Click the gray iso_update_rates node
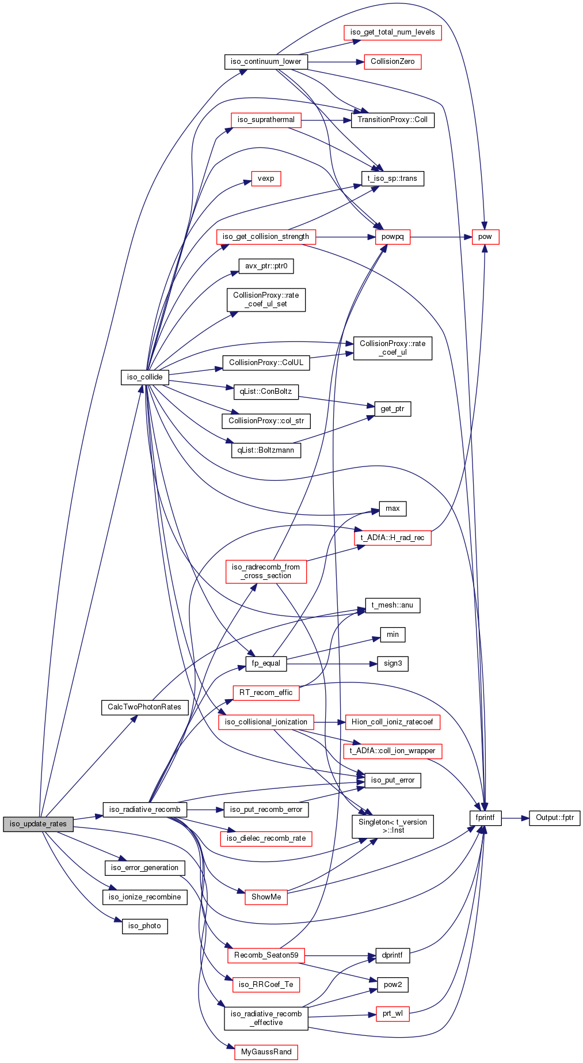coord(39,824)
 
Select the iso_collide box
coord(145,377)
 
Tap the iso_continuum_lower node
coord(266,62)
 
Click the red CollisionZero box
coord(393,62)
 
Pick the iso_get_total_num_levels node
coord(393,32)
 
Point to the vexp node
coord(266,179)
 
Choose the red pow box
coord(485,237)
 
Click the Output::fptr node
coord(555,818)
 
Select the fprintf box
coord(485,818)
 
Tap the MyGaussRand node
coord(266,1051)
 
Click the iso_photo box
coord(145,926)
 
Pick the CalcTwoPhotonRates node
coord(145,707)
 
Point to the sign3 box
coord(393,663)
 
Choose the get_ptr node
coord(393,409)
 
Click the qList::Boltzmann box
coord(266,450)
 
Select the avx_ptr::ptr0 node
coord(266,266)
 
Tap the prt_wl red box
coord(393,1013)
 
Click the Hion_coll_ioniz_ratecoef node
coord(393,722)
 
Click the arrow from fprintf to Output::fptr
coord(515,818)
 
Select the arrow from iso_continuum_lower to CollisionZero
coord(336,62)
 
